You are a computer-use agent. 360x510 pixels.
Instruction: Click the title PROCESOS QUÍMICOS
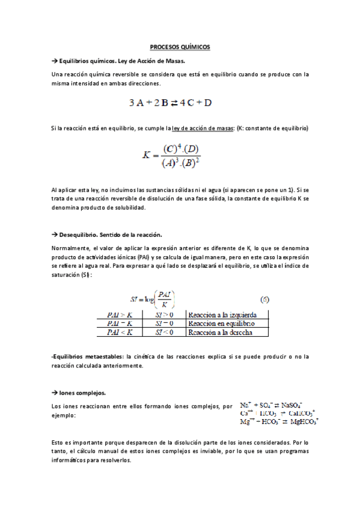point(180,47)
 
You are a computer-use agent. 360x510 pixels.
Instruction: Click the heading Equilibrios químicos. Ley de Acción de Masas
point(121,61)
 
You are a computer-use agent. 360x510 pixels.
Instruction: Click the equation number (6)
point(263,298)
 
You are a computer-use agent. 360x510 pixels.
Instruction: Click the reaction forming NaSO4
point(271,405)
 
